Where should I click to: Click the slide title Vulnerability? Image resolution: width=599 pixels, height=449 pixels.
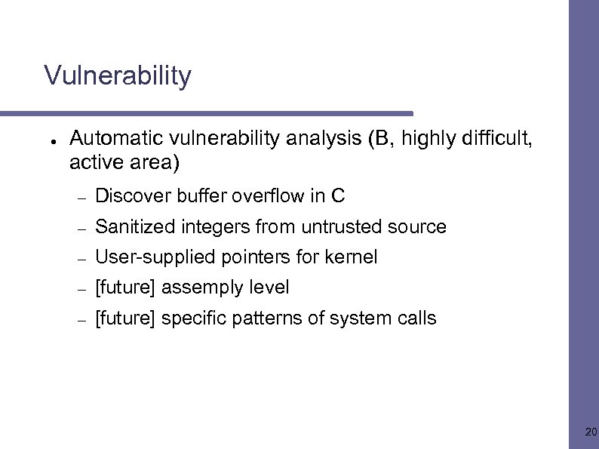pos(118,76)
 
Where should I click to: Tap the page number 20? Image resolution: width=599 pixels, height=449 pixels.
pos(591,432)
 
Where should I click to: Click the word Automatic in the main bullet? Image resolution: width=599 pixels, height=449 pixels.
pos(106,138)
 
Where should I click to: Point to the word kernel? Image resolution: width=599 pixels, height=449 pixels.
pos(351,257)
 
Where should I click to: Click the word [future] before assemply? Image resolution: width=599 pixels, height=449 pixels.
pos(125,288)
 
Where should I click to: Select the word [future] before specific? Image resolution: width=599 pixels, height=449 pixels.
pos(125,318)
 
